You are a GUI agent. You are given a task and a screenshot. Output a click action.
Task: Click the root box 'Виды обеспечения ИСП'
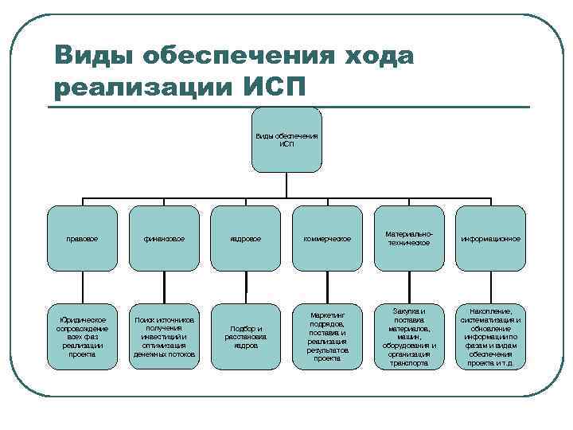tap(286, 139)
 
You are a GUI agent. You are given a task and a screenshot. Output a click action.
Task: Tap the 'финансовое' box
tap(165, 238)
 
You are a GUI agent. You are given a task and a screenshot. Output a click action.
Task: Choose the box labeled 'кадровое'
tap(246, 238)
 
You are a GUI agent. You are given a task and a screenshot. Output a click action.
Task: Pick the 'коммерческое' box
tap(327, 238)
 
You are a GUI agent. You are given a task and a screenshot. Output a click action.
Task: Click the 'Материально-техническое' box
tap(408, 238)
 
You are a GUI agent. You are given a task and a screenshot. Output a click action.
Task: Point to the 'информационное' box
tap(489, 238)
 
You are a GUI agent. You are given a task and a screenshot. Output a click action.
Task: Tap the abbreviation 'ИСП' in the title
tap(271, 85)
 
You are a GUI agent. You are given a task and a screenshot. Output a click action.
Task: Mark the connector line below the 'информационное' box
tap(489, 287)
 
